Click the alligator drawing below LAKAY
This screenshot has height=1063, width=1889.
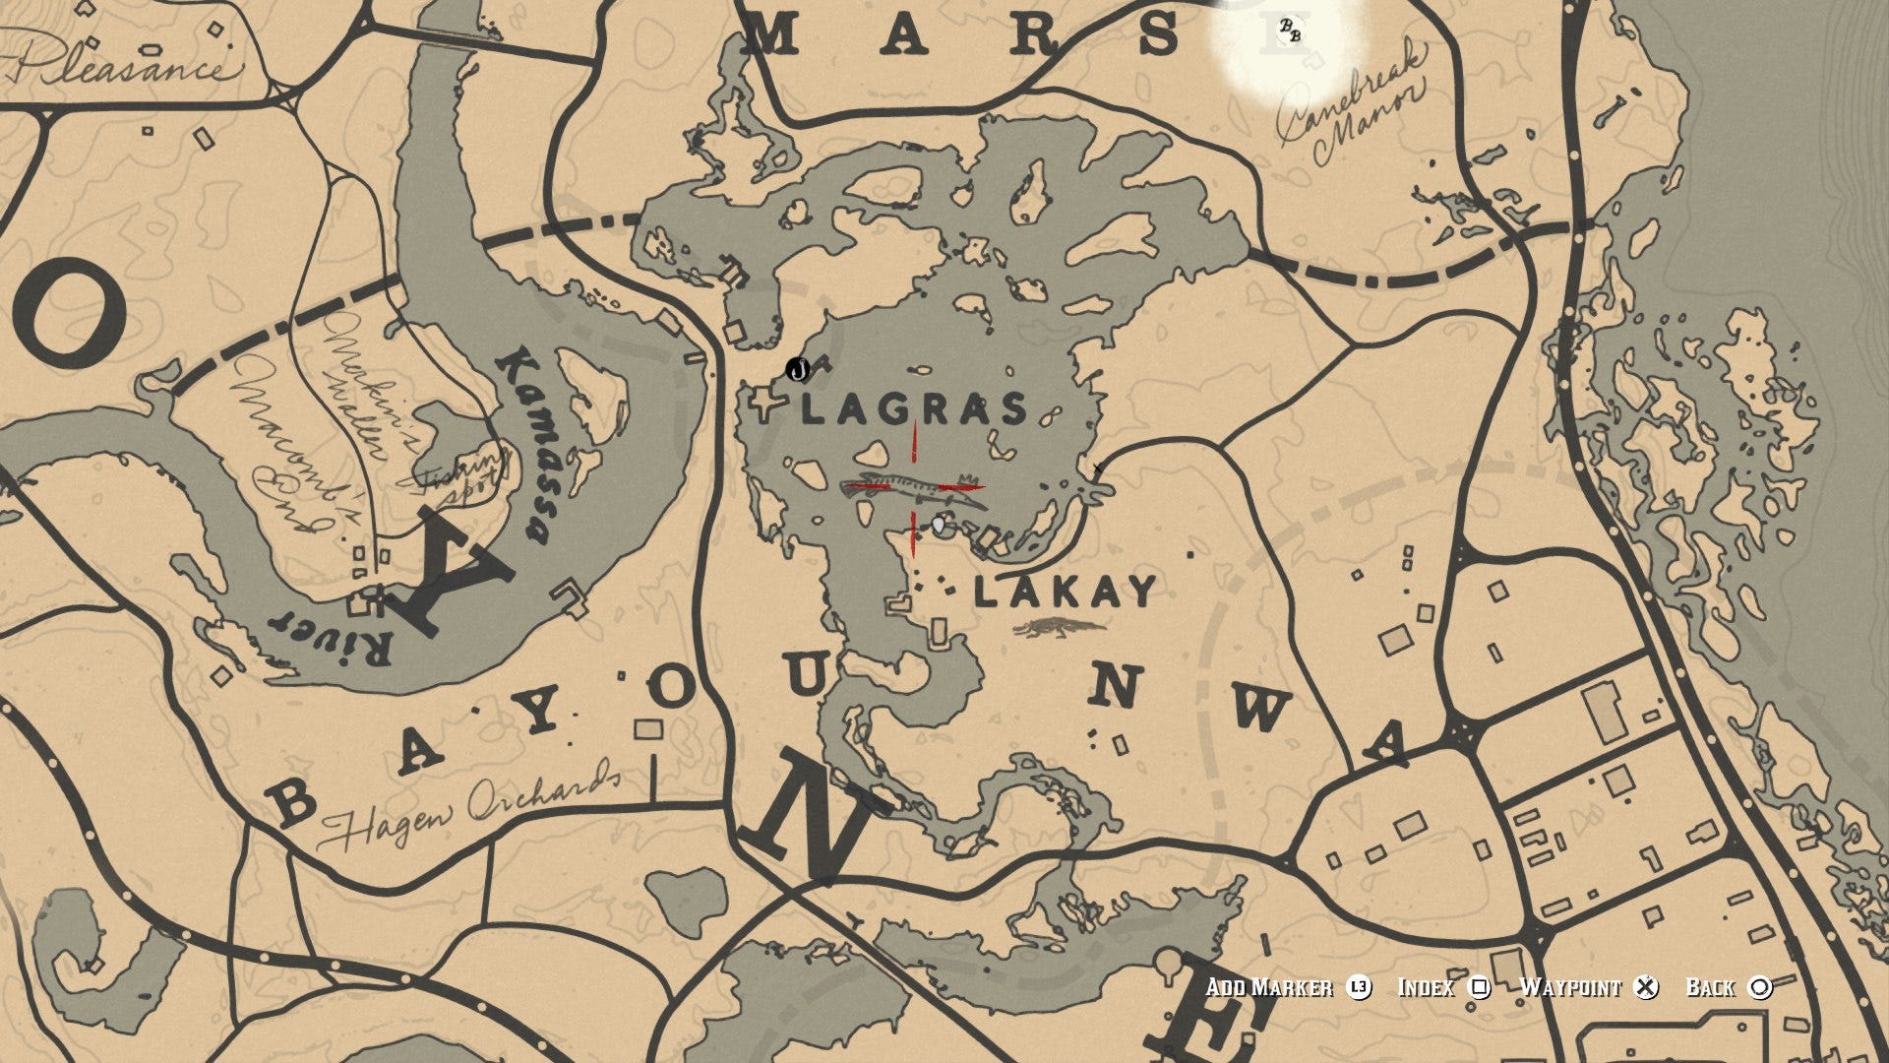coord(1061,629)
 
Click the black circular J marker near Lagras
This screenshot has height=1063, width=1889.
coord(799,370)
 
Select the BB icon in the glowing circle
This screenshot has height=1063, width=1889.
coord(1289,31)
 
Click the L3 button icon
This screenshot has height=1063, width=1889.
coord(1359,987)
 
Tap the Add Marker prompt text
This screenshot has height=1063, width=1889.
coord(1269,987)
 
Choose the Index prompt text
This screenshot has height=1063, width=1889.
coord(1426,987)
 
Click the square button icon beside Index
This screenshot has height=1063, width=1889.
coord(1480,987)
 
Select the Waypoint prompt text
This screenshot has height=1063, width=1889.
coord(1570,987)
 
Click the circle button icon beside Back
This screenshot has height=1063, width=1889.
coord(1761,987)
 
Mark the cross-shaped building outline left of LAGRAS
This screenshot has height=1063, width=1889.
coord(764,405)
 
